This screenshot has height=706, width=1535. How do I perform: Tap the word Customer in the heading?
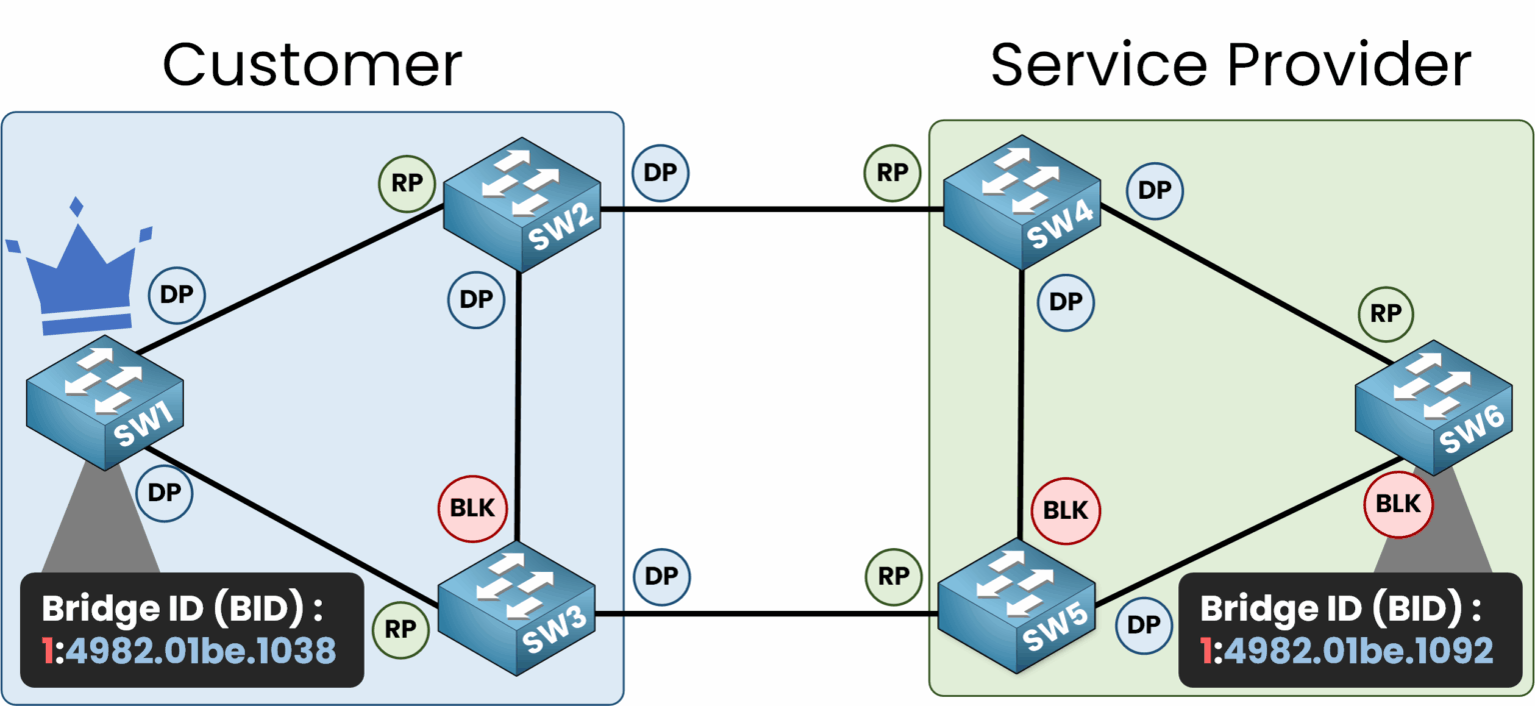click(312, 65)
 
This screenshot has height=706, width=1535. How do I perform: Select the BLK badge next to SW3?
click(473, 507)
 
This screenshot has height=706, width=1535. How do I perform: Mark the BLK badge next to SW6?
click(1398, 504)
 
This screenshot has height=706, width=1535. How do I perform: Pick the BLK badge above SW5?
click(1065, 509)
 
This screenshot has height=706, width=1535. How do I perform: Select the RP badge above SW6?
click(1385, 314)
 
